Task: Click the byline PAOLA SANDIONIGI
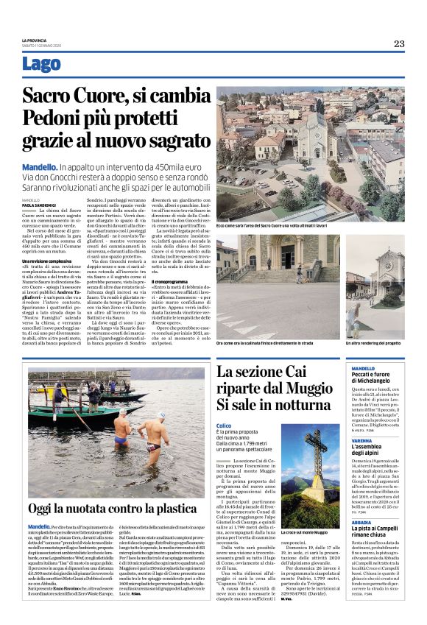(x=40, y=205)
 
